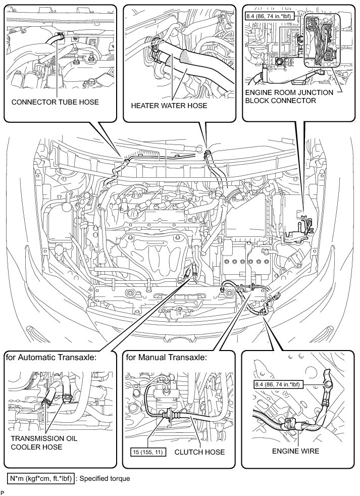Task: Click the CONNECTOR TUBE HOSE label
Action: (55, 102)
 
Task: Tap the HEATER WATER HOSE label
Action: (169, 106)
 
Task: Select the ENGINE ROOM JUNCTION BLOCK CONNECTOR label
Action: (288, 96)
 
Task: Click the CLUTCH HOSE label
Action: (199, 451)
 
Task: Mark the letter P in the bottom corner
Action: (3, 492)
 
